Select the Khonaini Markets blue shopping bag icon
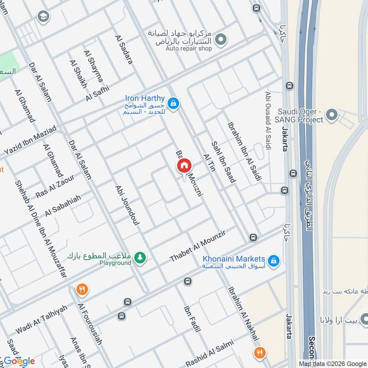point(274,261)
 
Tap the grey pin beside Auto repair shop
point(221,40)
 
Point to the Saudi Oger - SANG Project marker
point(332,115)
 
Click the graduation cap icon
point(43,17)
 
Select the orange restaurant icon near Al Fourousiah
point(82,290)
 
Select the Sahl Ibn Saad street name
point(223,161)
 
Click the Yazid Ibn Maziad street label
point(30,139)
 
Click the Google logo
point(19,361)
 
